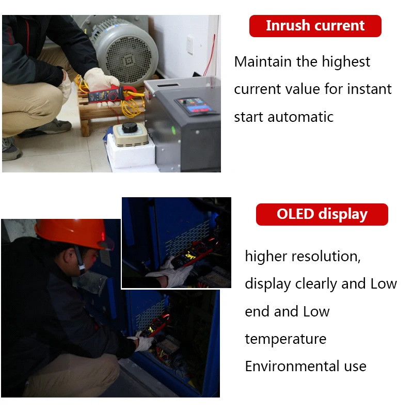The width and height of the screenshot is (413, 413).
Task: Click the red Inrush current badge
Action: point(315,26)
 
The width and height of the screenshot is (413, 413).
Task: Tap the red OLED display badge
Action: point(322,214)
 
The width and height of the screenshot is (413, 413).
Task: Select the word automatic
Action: point(300,117)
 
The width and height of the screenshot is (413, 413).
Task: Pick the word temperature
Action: point(285,339)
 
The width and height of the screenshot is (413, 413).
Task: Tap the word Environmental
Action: point(292,366)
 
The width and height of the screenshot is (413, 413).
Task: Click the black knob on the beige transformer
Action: point(130,127)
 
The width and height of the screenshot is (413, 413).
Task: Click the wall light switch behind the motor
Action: point(189,45)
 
